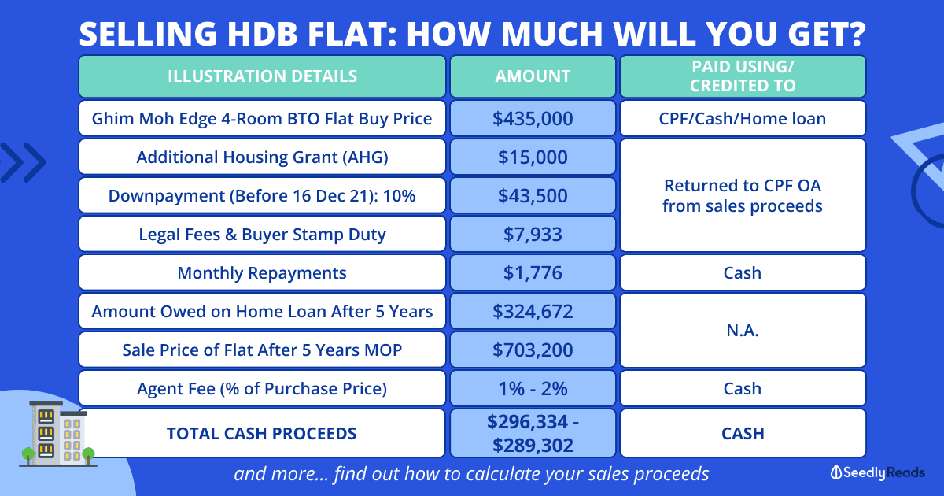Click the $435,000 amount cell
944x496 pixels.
point(533,119)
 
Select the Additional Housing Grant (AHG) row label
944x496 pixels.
point(262,157)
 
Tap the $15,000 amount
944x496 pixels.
point(533,157)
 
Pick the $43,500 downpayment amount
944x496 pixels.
point(533,196)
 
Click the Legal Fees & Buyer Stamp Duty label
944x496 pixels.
point(262,234)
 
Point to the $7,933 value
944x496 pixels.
point(533,234)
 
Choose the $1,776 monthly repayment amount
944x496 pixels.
point(533,273)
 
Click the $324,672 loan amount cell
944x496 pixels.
point(533,311)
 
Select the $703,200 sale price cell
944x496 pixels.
point(533,350)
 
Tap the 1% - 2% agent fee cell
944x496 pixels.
point(533,388)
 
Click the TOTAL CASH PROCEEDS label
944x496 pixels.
point(262,433)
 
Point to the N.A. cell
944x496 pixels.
point(743,331)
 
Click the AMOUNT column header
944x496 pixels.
point(533,76)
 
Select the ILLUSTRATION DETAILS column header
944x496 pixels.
point(262,76)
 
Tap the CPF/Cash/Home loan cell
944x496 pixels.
point(743,119)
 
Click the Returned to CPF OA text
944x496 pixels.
point(743,186)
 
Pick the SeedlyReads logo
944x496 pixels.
point(877,472)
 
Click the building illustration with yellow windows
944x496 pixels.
point(58,434)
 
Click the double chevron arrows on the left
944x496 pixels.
point(23,162)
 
